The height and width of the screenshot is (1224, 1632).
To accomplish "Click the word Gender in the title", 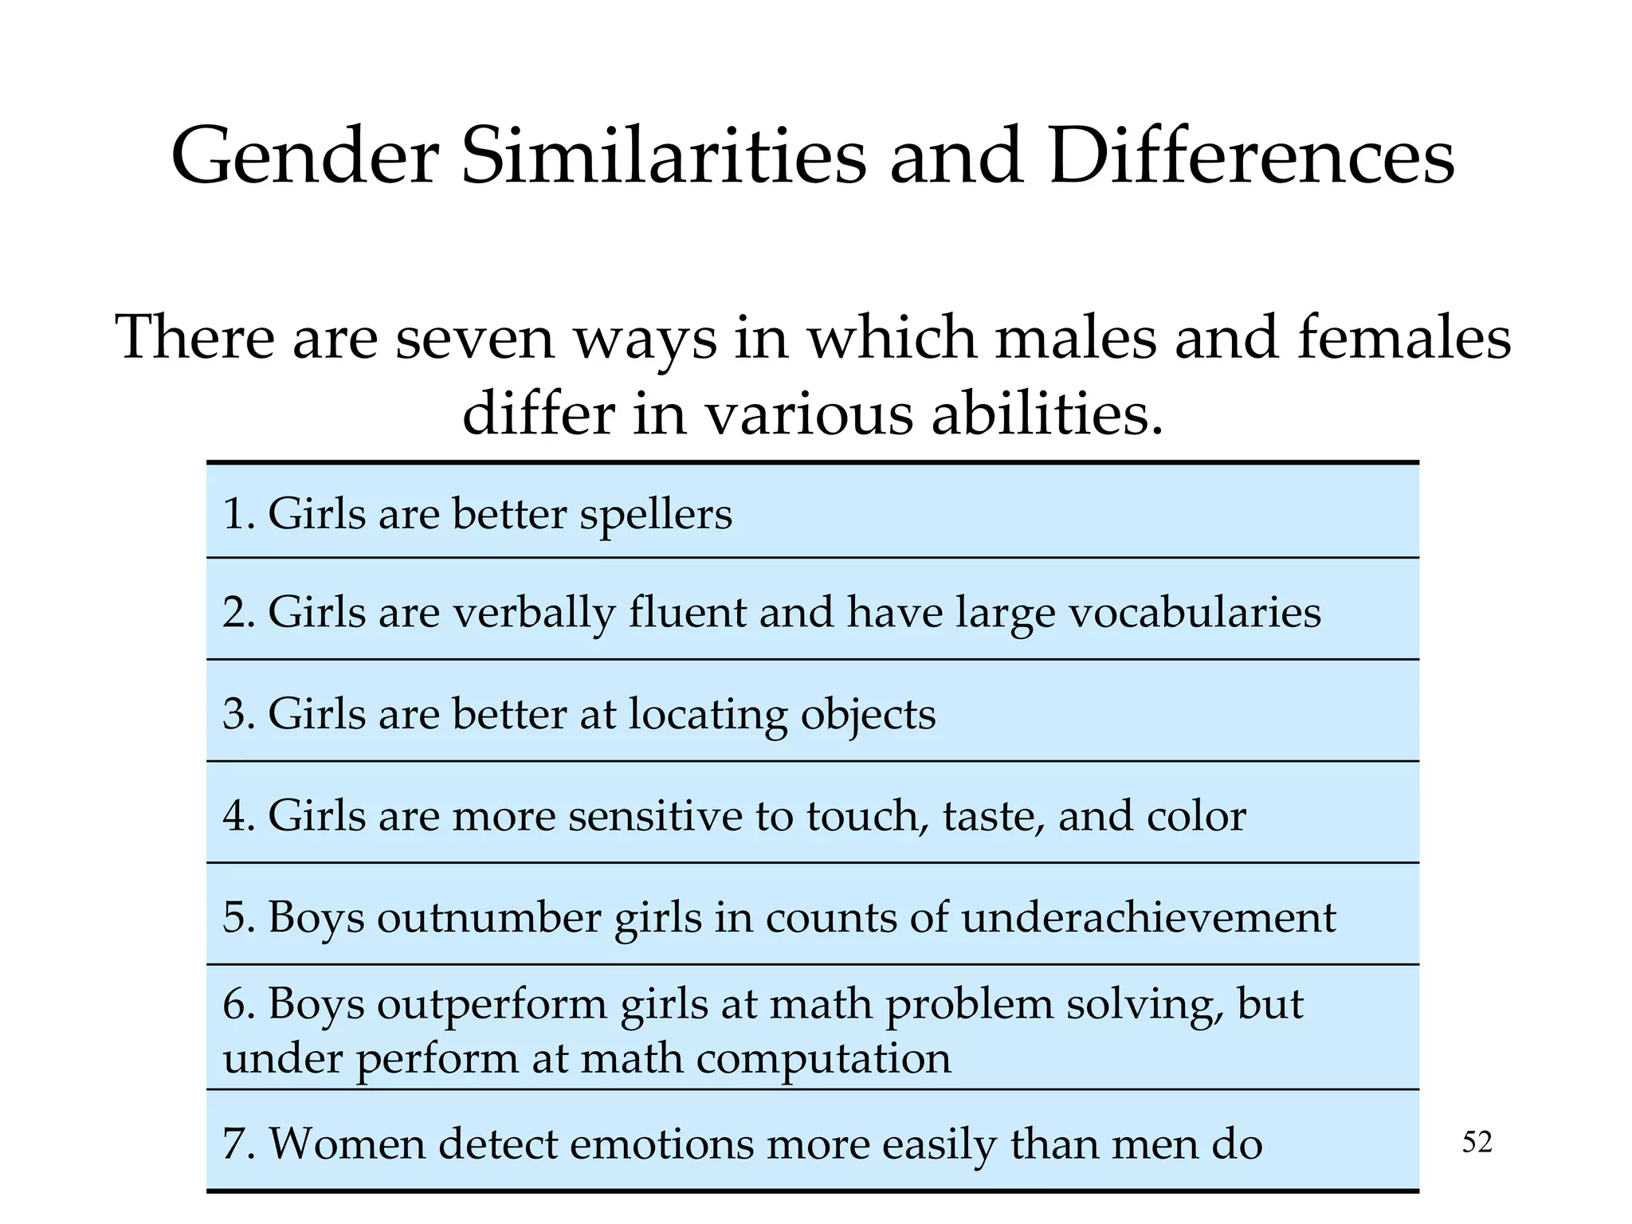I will pyautogui.click(x=304, y=156).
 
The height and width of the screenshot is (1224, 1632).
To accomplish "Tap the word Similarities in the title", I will pyautogui.click(x=663, y=156).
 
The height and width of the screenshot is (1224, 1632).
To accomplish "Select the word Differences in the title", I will pyautogui.click(x=1251, y=156).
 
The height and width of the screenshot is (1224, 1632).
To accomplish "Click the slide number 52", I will pyautogui.click(x=1477, y=1143).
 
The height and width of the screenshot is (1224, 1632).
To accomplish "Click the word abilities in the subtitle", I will pyautogui.click(x=1047, y=414).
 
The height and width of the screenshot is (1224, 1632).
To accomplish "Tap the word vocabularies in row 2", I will pyautogui.click(x=1194, y=614).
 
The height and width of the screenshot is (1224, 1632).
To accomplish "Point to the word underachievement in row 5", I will pyautogui.click(x=1148, y=917).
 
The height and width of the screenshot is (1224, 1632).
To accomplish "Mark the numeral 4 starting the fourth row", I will pyautogui.click(x=233, y=816).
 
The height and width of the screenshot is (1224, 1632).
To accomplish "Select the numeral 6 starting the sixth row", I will pyautogui.click(x=233, y=1004).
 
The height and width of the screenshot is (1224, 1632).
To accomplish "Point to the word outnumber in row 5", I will pyautogui.click(x=488, y=917).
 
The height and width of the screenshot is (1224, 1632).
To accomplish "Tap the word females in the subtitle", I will pyautogui.click(x=1404, y=338).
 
